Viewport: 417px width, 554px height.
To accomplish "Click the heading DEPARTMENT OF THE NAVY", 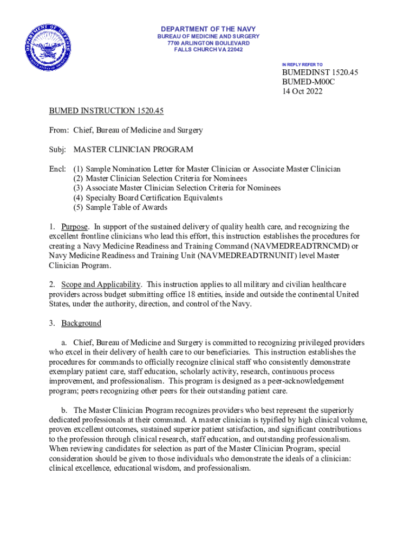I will pos(208,29).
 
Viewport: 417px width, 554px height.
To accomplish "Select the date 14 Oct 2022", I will pos(302,91).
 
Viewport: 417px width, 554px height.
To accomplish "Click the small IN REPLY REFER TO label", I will pos(302,64).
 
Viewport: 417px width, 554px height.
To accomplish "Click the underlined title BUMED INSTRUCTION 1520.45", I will pos(106,111).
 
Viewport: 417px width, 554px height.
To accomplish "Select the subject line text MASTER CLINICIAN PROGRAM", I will pos(133,149).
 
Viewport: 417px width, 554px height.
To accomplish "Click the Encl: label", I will pos(57,169).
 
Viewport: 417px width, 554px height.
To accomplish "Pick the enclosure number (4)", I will pos(79,198).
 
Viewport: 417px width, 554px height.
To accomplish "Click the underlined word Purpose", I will pos(74,227).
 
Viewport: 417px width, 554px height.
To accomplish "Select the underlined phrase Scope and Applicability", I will pos(101,284).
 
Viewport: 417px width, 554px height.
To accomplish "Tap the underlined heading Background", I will pos(81,323).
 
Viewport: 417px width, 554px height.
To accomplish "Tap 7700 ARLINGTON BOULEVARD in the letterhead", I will pos(208,43).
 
